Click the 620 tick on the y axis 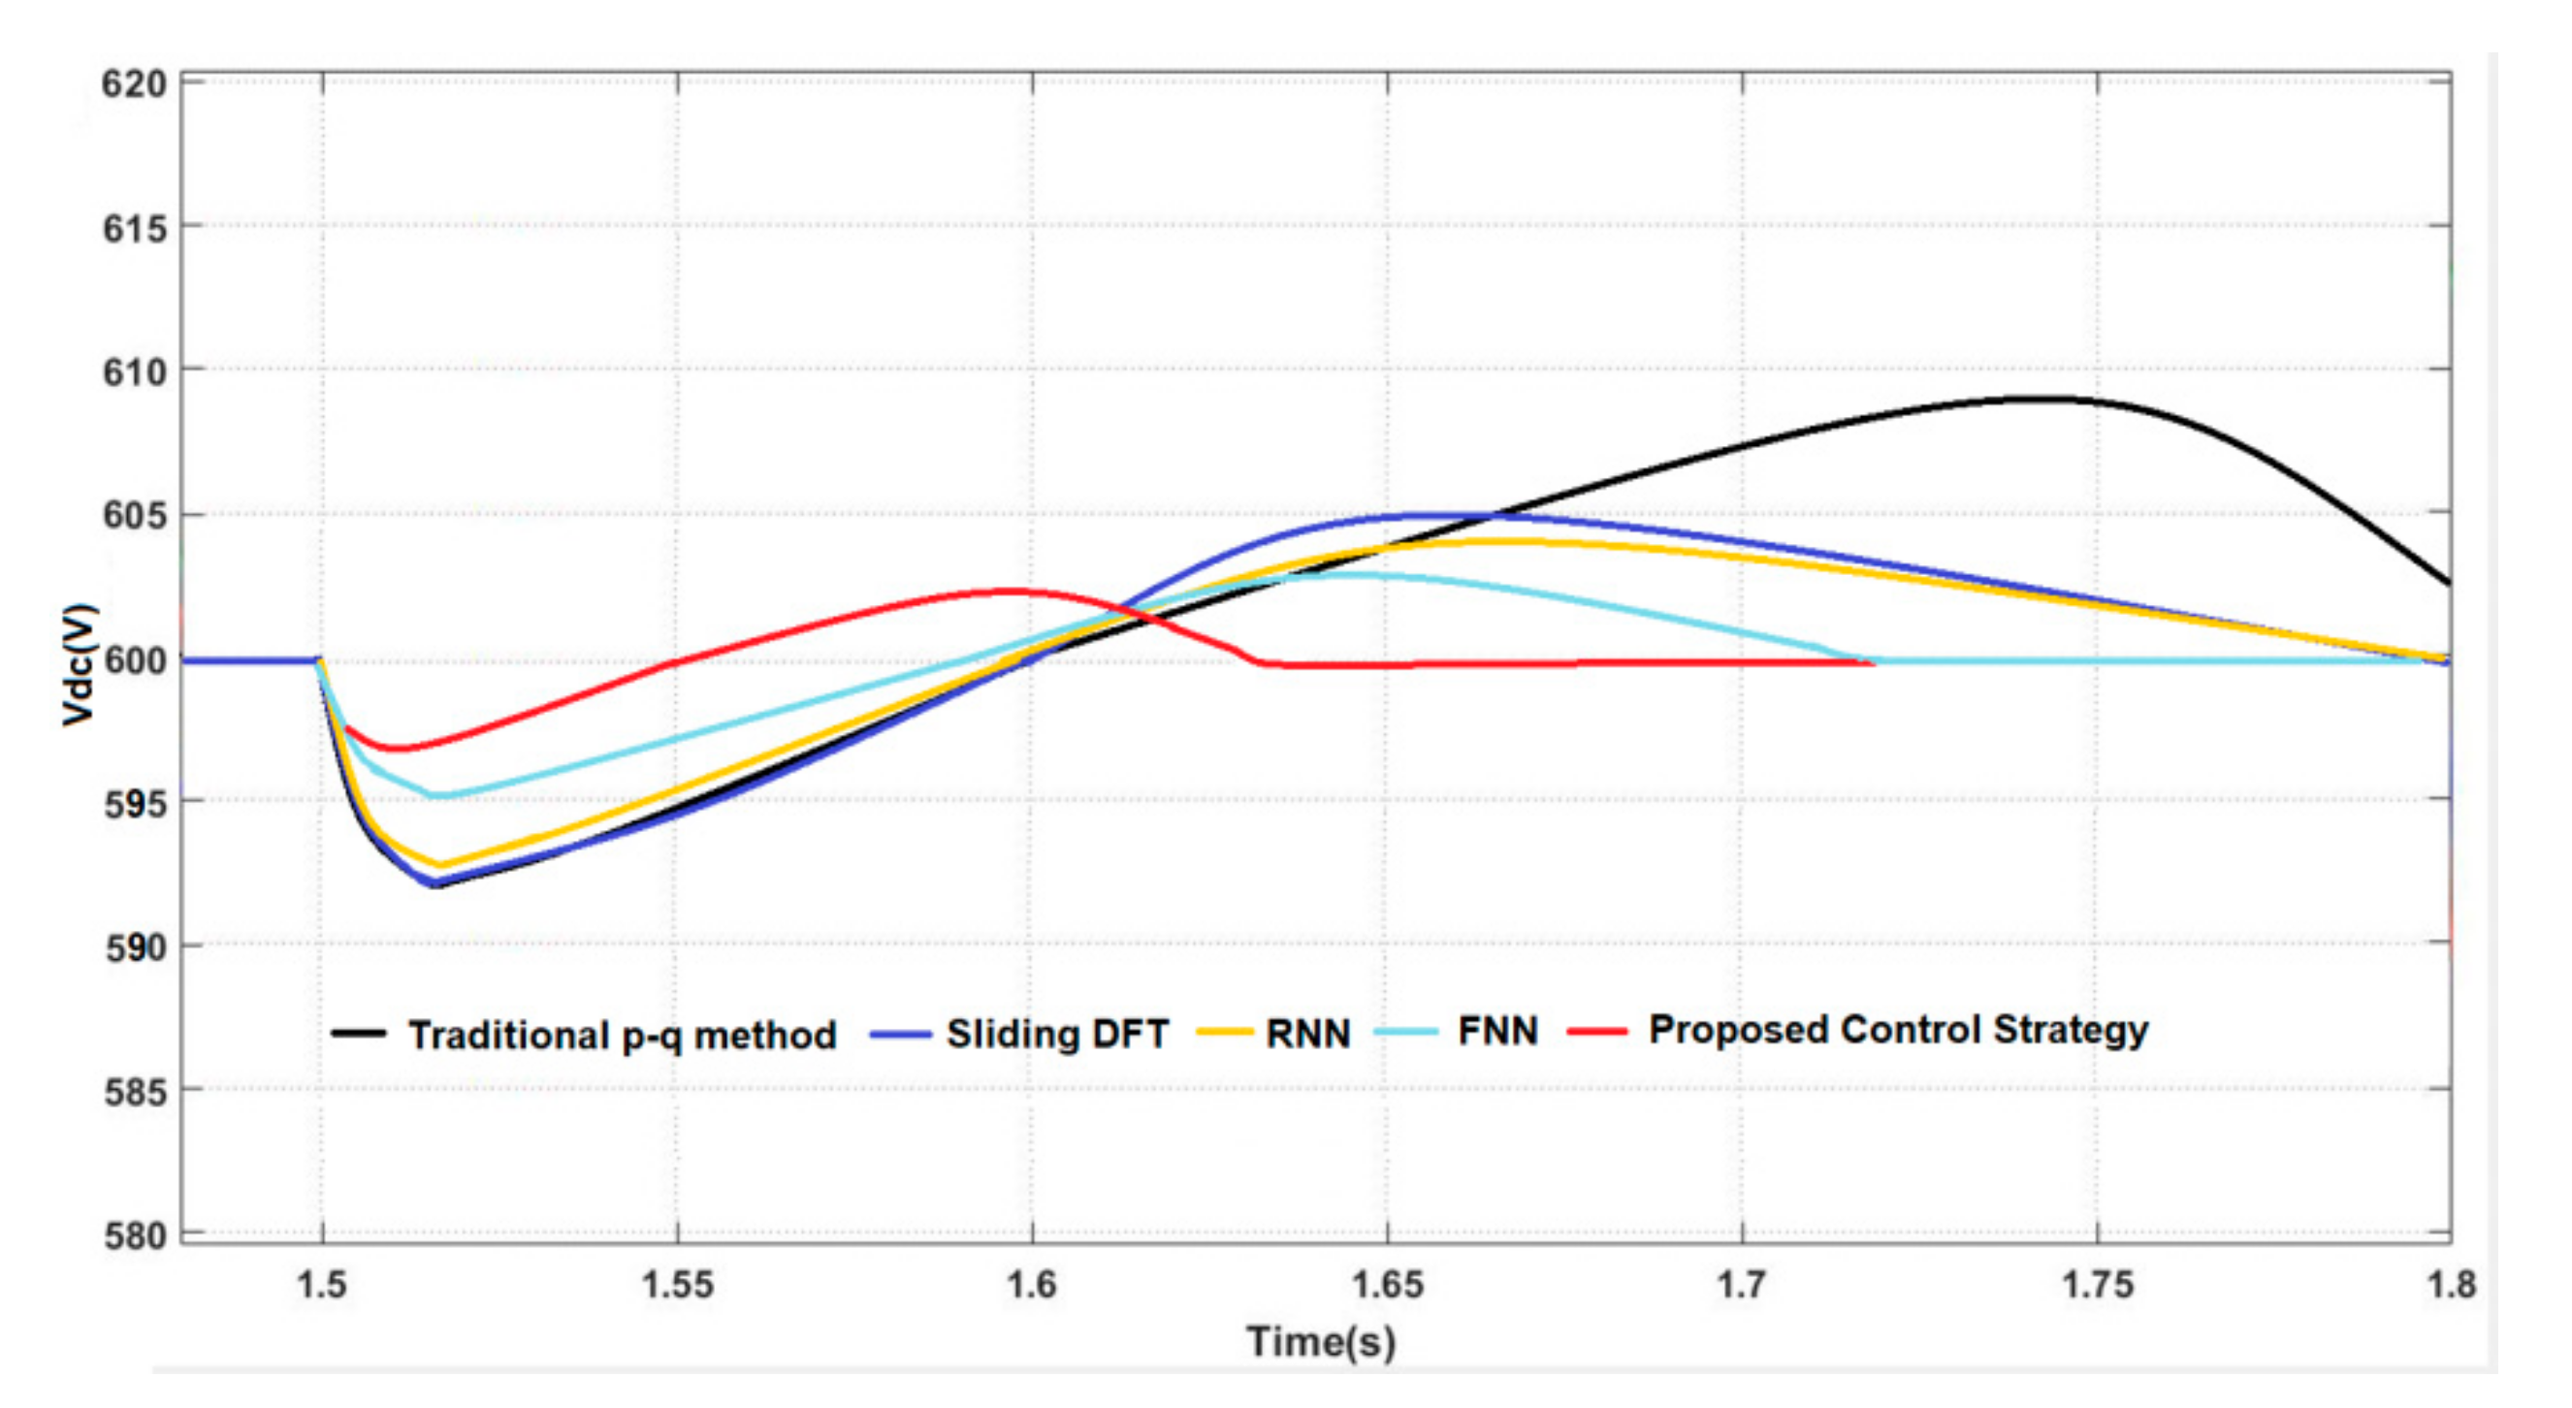pyautogui.click(x=134, y=84)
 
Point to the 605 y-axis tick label pyautogui.click(x=134, y=515)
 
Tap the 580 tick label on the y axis pyautogui.click(x=134, y=1236)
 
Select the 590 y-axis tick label pyautogui.click(x=134, y=946)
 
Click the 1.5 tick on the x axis pyautogui.click(x=322, y=1284)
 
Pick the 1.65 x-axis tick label pyautogui.click(x=1387, y=1284)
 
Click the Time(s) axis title pyautogui.click(x=1320, y=1341)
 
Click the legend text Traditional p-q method pyautogui.click(x=622, y=1035)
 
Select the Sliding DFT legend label pyautogui.click(x=1057, y=1034)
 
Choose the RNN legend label pyautogui.click(x=1308, y=1034)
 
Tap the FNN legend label pyautogui.click(x=1497, y=1031)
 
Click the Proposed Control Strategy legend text pyautogui.click(x=1898, y=1030)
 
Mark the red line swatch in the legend pyautogui.click(x=1596, y=1031)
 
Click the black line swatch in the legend pyautogui.click(x=359, y=1034)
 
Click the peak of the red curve pyautogui.click(x=1009, y=592)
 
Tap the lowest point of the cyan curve pyautogui.click(x=437, y=797)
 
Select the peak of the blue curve pyautogui.click(x=1418, y=515)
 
